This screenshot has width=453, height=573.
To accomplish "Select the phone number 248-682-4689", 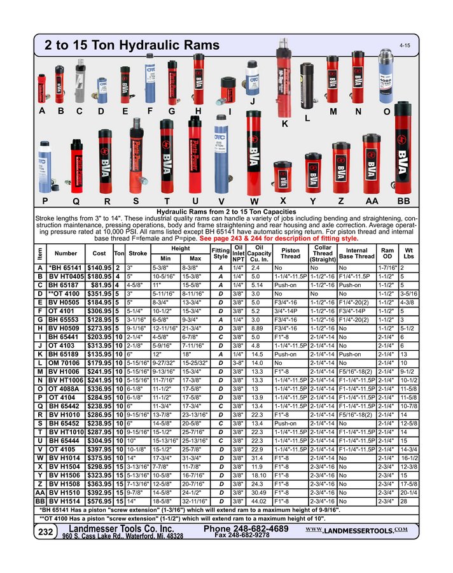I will [246, 529].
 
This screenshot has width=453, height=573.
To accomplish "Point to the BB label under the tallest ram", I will [403, 201].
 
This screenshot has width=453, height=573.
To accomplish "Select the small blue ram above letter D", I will [101, 90].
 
